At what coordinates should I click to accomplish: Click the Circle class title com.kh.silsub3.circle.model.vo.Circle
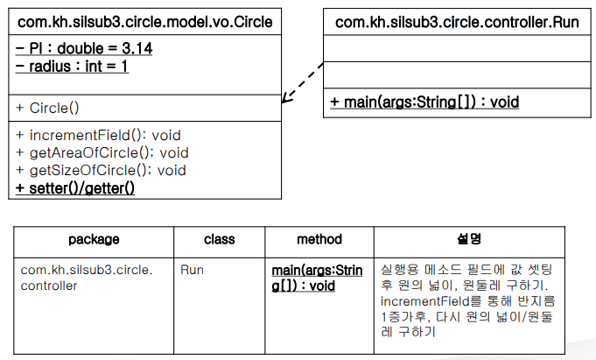(x=144, y=22)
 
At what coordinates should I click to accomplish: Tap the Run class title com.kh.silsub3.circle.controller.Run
(x=457, y=22)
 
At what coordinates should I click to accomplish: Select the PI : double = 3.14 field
(x=84, y=48)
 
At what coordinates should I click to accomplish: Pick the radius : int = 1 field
(x=72, y=67)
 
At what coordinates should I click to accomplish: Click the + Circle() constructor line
(x=47, y=108)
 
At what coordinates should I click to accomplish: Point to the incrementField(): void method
(x=98, y=135)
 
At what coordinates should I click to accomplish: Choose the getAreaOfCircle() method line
(x=102, y=152)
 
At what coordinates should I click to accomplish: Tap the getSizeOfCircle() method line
(x=101, y=170)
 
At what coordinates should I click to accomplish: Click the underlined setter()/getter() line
(x=75, y=188)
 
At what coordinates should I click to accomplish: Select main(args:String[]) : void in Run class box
(x=424, y=102)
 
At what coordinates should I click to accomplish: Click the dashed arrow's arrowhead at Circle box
(x=283, y=102)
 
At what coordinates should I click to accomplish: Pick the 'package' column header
(x=94, y=239)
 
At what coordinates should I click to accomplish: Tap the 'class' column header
(x=220, y=239)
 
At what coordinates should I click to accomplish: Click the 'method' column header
(x=319, y=239)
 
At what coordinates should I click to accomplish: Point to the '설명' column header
(x=469, y=239)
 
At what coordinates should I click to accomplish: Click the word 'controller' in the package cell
(x=49, y=286)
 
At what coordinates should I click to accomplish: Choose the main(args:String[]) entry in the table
(x=317, y=279)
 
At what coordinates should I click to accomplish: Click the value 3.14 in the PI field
(x=137, y=48)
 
